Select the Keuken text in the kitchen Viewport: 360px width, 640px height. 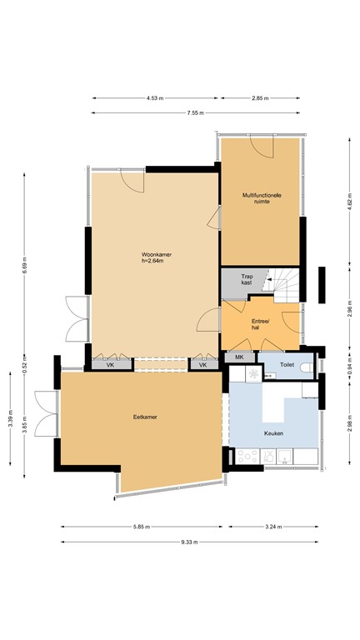[x=273, y=434]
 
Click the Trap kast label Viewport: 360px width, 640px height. [x=247, y=281]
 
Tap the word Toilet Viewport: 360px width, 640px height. [x=287, y=365]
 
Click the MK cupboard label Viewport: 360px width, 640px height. [x=239, y=357]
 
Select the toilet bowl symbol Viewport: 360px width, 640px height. [x=306, y=365]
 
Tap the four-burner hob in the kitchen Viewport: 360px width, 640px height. [x=247, y=456]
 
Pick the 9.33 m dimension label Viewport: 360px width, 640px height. [x=188, y=542]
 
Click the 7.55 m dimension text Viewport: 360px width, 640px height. [x=196, y=113]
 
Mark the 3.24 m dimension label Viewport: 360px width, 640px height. [x=272, y=527]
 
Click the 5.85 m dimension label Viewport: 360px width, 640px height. [x=141, y=527]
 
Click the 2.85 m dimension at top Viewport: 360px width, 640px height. [x=259, y=98]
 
